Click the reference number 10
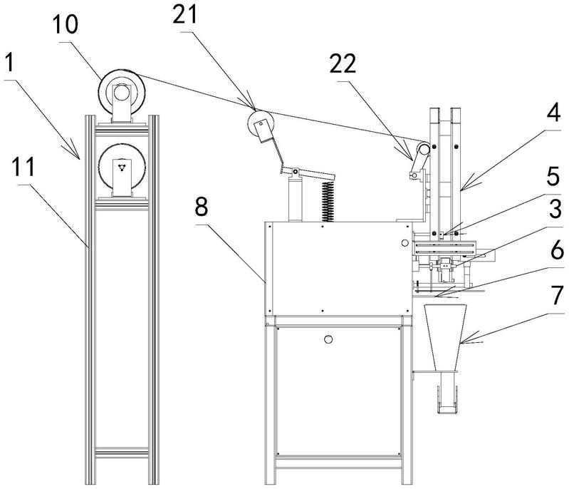tap(66, 25)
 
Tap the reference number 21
tap(184, 15)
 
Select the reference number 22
tap(343, 64)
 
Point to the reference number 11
tap(24, 167)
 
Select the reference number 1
tap(10, 63)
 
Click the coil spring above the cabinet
tap(328, 201)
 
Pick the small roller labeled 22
tap(423, 149)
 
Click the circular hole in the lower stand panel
tap(328, 339)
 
